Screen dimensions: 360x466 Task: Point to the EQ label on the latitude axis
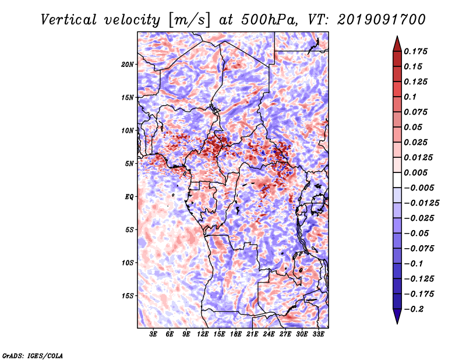(x=129, y=197)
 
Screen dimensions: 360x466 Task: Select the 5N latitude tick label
(x=129, y=164)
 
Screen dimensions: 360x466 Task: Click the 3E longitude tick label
(x=154, y=334)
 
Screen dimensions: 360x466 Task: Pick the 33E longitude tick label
(x=318, y=334)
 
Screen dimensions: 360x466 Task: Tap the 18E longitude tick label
(x=236, y=334)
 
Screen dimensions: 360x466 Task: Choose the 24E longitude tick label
(x=269, y=334)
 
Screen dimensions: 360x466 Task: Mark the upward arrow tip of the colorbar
(x=396, y=38)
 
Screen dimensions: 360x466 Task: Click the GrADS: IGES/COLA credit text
(x=33, y=355)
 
